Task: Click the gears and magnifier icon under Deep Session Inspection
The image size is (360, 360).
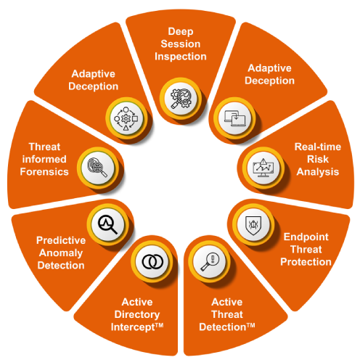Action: click(x=181, y=99)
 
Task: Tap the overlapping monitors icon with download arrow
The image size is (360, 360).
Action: click(x=234, y=118)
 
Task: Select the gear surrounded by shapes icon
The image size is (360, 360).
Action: click(x=126, y=118)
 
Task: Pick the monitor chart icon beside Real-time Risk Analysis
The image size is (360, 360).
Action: click(x=263, y=168)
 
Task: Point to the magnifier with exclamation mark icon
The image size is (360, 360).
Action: click(x=210, y=262)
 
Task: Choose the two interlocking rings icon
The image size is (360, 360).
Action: click(x=152, y=261)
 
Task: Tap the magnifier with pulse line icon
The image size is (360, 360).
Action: click(x=107, y=224)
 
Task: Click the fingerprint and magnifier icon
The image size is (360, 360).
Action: click(x=97, y=167)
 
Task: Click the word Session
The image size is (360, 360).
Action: click(x=181, y=44)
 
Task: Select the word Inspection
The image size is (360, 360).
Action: click(x=181, y=57)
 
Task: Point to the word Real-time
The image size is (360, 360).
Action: click(x=318, y=147)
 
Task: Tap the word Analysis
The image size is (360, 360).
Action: click(x=318, y=172)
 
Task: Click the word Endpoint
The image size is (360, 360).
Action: click(x=306, y=237)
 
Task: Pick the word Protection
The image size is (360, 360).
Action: click(x=306, y=262)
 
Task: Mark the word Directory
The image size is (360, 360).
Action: click(x=137, y=315)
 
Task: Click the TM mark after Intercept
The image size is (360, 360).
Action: click(x=159, y=325)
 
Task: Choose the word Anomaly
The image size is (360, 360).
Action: click(x=61, y=253)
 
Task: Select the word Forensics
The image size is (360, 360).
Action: click(x=44, y=172)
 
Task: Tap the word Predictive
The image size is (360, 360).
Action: click(x=61, y=240)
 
